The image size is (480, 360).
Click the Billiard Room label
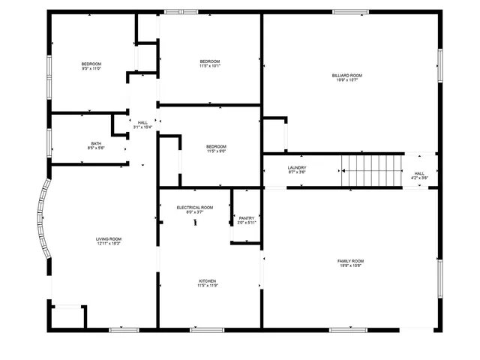click(347, 75)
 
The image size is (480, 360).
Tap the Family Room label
click(350, 260)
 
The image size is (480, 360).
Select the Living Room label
click(109, 238)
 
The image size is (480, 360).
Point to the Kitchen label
click(207, 281)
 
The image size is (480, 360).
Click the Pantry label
click(247, 218)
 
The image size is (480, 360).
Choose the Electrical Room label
click(195, 207)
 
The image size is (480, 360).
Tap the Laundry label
click(297, 168)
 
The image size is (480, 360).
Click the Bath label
click(96, 143)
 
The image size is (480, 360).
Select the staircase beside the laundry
click(373, 170)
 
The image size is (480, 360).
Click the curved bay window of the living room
click(43, 219)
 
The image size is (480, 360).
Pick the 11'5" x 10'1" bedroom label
click(210, 63)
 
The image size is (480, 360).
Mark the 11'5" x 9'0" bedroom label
click(216, 148)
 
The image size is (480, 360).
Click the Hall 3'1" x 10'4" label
click(142, 124)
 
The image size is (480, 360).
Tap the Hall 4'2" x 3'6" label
click(419, 175)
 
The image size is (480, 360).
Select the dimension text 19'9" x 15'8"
click(350, 265)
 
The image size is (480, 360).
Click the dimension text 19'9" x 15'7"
click(347, 79)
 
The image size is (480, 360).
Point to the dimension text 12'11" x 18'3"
click(109, 243)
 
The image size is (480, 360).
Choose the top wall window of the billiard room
click(350, 11)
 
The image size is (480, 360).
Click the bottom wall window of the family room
click(349, 329)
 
